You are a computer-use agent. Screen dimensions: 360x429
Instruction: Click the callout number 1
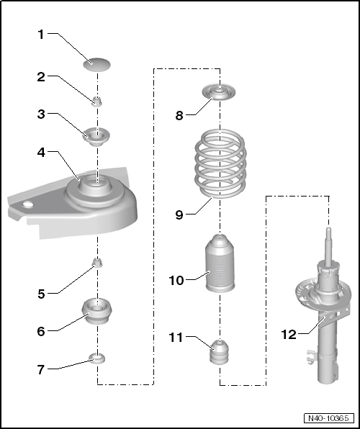[x=41, y=35]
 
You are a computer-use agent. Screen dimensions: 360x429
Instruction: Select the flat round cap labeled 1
[x=97, y=65]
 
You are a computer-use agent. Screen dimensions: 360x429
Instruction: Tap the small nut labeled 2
[x=97, y=101]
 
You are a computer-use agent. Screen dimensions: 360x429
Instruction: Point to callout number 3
[x=41, y=114]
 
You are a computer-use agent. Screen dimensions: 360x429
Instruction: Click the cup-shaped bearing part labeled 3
[x=96, y=137]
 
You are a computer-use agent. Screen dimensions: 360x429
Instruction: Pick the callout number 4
[x=41, y=153]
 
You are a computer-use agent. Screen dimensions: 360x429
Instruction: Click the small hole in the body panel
[x=28, y=204]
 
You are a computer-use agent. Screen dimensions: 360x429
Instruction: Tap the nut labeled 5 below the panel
[x=97, y=263]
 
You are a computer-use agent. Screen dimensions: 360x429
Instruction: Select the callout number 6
[x=41, y=331]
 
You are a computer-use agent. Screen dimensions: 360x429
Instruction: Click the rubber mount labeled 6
[x=97, y=311]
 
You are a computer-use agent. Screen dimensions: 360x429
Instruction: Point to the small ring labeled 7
[x=97, y=358]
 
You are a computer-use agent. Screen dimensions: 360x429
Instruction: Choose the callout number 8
[x=179, y=115]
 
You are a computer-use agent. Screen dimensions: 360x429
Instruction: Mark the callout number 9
[x=179, y=214]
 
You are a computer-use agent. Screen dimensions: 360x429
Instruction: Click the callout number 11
[x=176, y=338]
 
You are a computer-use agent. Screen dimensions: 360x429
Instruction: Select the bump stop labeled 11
[x=220, y=352]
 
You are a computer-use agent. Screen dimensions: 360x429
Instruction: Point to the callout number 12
[x=289, y=335]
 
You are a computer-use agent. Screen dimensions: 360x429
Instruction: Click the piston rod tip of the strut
[x=329, y=229]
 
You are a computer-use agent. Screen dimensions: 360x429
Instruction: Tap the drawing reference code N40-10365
[x=328, y=418]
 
